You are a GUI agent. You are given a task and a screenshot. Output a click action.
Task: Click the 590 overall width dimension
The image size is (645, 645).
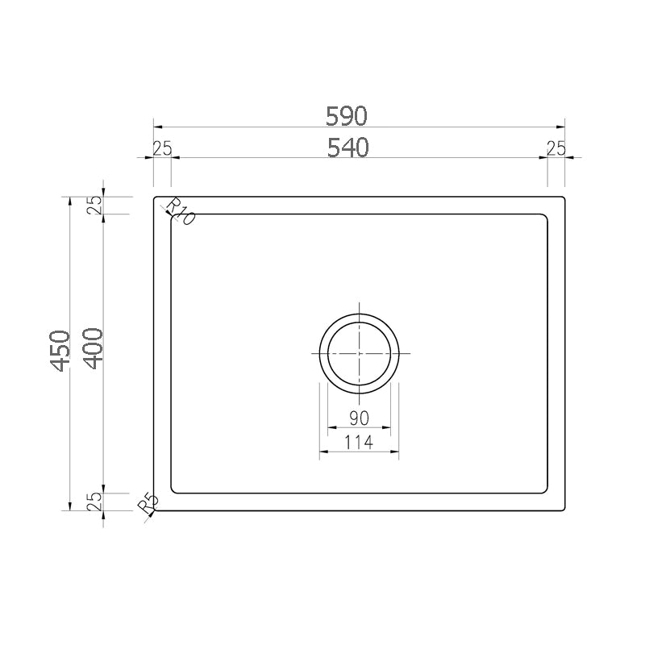coord(347,116)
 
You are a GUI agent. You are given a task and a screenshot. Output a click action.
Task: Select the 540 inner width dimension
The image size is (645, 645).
coord(347,148)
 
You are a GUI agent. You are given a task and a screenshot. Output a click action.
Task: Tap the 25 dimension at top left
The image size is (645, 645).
coord(162,148)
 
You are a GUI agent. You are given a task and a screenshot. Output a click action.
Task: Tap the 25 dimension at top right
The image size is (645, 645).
coord(556,148)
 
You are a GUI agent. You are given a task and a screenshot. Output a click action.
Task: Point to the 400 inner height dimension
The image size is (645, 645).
coord(92,348)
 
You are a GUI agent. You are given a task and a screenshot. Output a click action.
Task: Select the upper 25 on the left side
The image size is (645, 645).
coord(94,206)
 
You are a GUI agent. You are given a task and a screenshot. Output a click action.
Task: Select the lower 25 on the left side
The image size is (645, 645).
coord(94,501)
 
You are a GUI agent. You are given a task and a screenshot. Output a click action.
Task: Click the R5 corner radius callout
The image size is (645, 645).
coord(148,504)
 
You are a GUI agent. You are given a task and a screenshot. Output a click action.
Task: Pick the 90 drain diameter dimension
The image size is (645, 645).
coord(359,418)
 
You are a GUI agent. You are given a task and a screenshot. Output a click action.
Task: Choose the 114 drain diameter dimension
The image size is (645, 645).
coord(359,442)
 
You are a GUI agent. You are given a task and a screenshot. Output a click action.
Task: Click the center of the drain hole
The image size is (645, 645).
coord(359,354)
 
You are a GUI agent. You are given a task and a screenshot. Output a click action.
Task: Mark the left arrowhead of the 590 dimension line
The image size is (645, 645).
coord(157,127)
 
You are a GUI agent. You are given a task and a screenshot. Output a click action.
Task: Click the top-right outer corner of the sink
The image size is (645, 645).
coord(564,196)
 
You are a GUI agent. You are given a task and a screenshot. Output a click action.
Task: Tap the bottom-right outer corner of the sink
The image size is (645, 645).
coord(564,510)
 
